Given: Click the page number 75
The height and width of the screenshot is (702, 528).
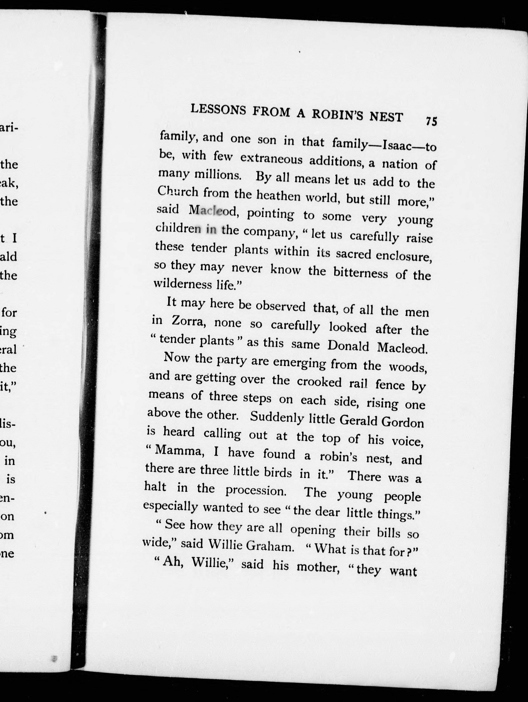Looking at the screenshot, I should pyautogui.click(x=431, y=121).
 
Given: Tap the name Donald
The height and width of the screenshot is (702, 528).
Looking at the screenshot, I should pyautogui.click(x=348, y=346).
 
